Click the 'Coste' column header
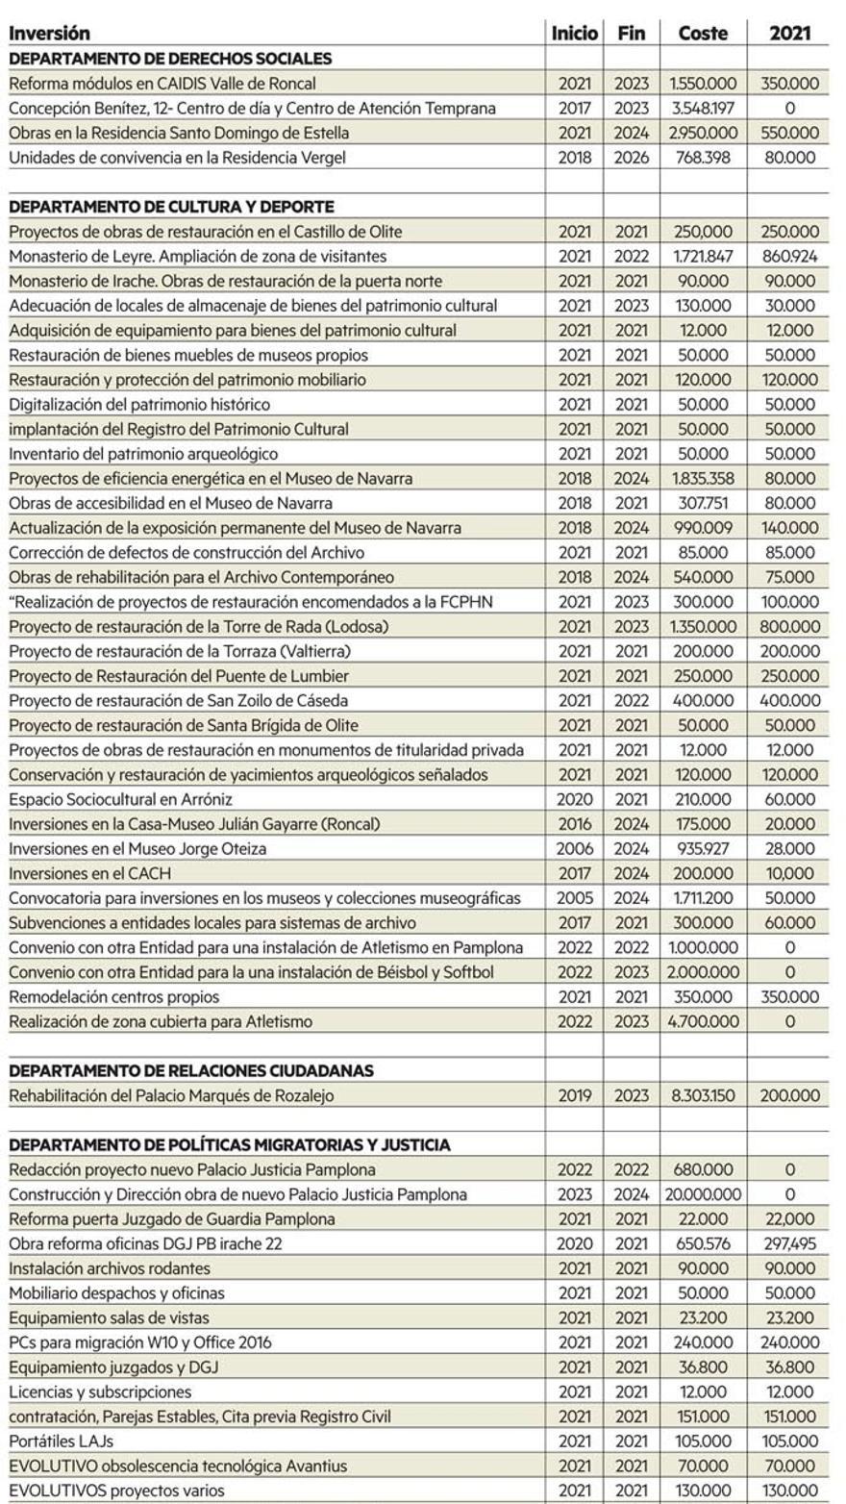pos(703,34)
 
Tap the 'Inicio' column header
pos(575,34)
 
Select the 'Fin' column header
pos(632,34)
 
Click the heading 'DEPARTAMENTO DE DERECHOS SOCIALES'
pos(170,59)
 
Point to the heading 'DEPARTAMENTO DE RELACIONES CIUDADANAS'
pos(191,1070)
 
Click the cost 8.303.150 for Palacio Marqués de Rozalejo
pos(703,1095)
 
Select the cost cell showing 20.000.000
pos(703,1194)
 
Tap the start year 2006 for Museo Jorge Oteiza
pos(575,849)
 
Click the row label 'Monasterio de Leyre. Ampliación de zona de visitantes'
pos(198,257)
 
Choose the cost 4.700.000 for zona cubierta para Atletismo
pos(703,1021)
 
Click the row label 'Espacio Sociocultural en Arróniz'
pos(120,799)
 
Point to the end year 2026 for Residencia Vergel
pos(632,158)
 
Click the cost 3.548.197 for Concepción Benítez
pos(703,109)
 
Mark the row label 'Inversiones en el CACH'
pos(90,873)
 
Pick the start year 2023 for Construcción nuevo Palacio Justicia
pos(575,1194)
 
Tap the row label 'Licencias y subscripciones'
pos(100,1391)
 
